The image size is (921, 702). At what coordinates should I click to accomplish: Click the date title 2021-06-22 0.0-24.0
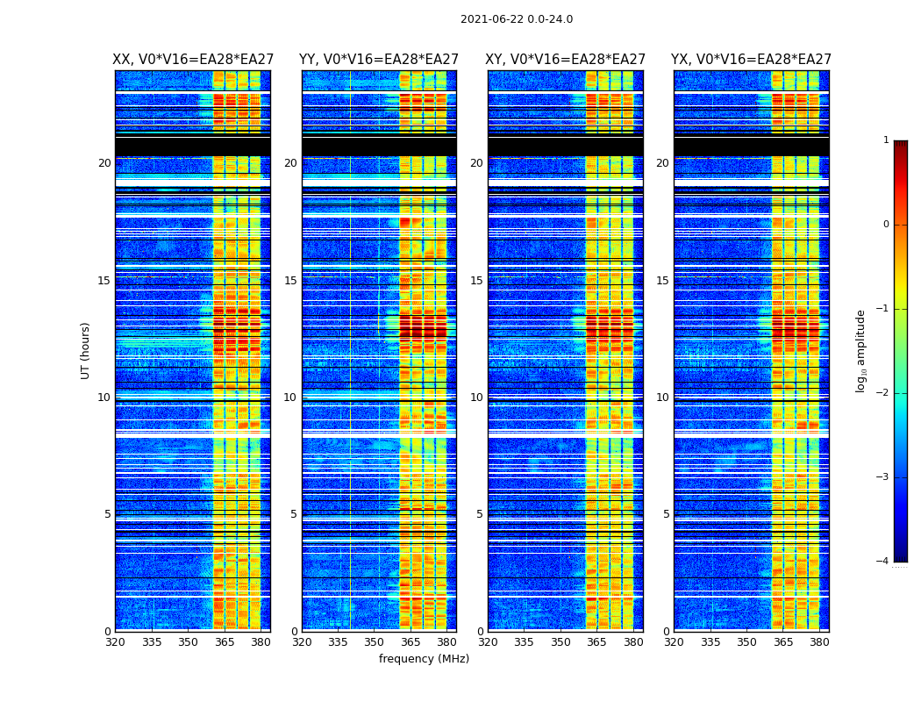[516, 19]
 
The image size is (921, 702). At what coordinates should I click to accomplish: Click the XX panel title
[193, 60]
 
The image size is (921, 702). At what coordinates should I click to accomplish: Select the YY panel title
[379, 60]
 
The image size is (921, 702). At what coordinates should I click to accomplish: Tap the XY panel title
[566, 60]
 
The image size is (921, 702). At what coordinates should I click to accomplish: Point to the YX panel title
[752, 60]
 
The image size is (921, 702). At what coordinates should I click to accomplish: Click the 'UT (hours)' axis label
[86, 350]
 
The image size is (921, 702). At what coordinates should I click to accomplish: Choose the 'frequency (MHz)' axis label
[424, 659]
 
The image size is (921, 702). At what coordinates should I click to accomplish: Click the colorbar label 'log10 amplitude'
[861, 350]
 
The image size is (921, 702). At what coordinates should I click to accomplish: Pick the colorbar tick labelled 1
[886, 140]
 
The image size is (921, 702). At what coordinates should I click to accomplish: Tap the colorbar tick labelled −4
[883, 562]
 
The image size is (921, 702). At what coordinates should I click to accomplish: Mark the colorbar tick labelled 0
[886, 225]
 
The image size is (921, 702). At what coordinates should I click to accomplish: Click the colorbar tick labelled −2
[883, 393]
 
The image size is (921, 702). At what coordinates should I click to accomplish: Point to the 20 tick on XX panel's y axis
[104, 163]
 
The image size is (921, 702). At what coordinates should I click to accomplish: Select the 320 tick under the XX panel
[116, 642]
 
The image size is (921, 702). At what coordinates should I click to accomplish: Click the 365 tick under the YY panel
[411, 642]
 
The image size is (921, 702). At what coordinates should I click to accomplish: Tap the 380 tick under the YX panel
[819, 642]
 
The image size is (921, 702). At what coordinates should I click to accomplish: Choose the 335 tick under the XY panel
[524, 642]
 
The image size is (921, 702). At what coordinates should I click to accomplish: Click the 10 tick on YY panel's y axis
[290, 398]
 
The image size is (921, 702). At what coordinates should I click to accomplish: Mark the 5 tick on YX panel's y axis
[666, 514]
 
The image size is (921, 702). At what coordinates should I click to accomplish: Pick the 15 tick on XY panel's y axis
[476, 281]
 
